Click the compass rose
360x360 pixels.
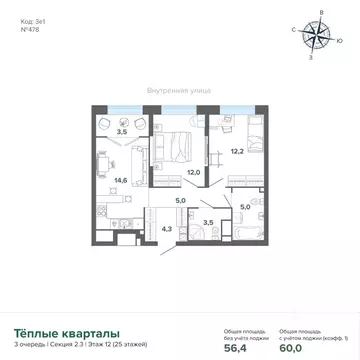(x=321, y=36)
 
